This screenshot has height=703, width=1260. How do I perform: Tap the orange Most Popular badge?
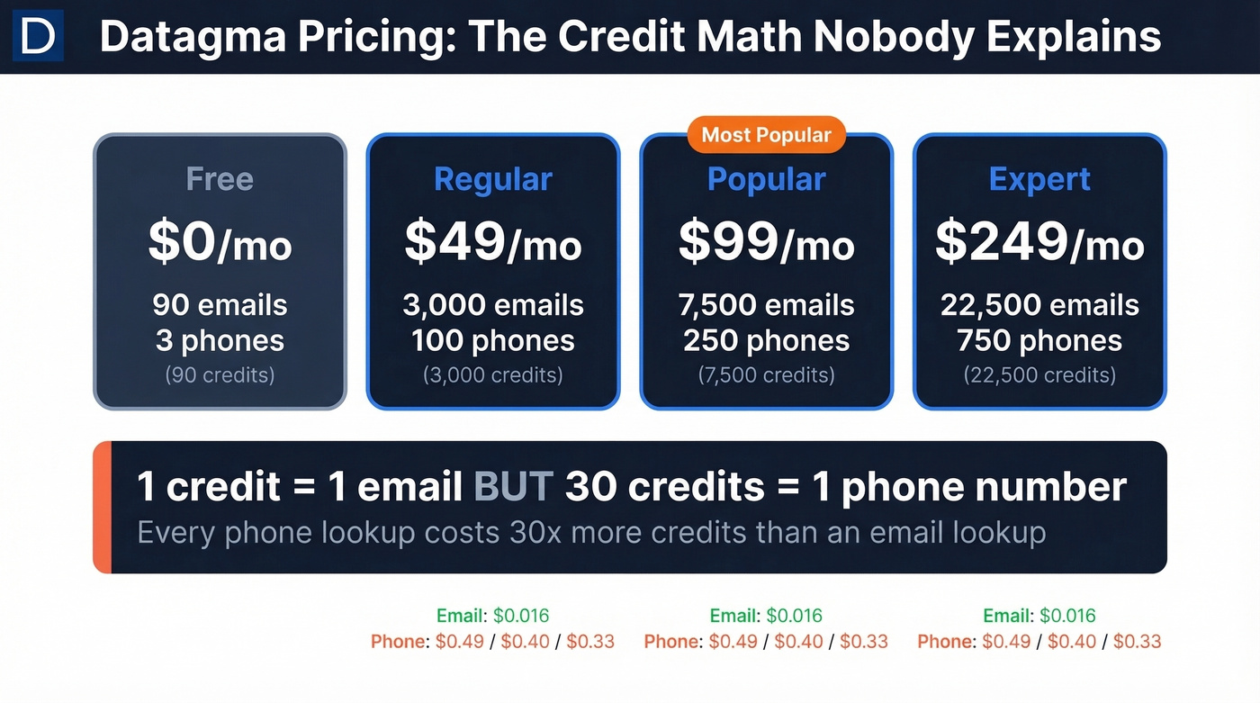(766, 135)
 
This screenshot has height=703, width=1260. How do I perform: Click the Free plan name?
(220, 179)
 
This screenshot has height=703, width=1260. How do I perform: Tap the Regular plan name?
(492, 179)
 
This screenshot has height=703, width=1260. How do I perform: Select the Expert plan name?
(1039, 179)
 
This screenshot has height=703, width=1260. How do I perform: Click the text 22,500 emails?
(1039, 305)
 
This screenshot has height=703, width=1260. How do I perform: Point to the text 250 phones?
(766, 341)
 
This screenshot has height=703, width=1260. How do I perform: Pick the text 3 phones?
(220, 341)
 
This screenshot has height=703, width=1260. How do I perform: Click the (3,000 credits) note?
(492, 374)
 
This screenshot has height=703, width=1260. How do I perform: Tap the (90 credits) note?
(220, 374)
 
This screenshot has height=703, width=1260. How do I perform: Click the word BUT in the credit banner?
(513, 487)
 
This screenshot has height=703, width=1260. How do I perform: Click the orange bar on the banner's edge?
(102, 507)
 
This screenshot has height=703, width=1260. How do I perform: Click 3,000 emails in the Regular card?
(492, 305)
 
